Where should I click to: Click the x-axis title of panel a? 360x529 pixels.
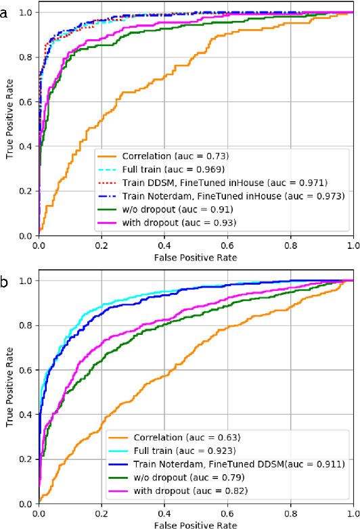click(x=196, y=257)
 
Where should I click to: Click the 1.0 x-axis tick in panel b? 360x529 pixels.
click(x=353, y=513)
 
